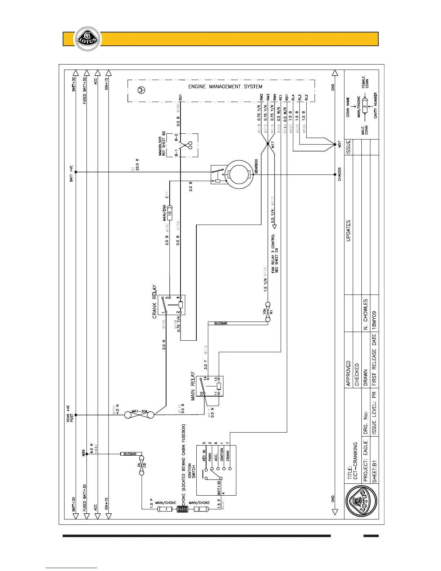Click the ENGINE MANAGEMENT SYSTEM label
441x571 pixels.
pos(225,87)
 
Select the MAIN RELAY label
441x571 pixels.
pos(193,386)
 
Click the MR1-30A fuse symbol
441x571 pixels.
pos(139,415)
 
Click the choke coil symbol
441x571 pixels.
pos(183,509)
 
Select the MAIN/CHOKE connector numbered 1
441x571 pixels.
pos(166,509)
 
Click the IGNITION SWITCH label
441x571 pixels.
pos(192,471)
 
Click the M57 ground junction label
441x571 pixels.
pos(340,146)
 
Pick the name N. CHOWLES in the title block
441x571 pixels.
pos(365,314)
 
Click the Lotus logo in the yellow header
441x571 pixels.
pos(85,39)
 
